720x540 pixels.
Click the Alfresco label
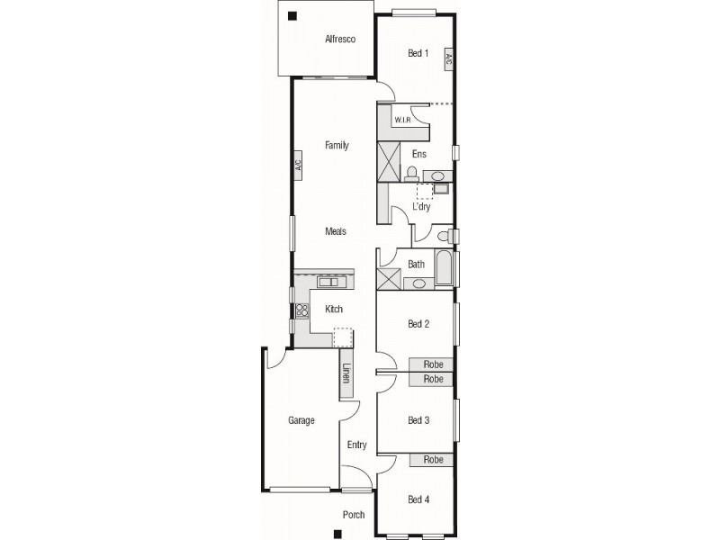click(340, 39)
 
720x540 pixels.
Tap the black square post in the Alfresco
click(292, 16)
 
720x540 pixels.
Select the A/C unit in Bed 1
click(448, 58)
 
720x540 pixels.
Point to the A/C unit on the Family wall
click(298, 164)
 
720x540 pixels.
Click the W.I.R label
click(402, 120)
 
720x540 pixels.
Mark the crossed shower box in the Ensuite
click(389, 162)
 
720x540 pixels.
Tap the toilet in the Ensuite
click(411, 174)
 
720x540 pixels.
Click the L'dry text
click(421, 206)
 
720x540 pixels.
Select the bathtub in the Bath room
click(444, 267)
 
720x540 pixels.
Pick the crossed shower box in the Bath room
click(389, 279)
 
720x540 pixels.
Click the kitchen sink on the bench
click(331, 282)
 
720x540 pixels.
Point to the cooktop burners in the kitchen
click(302, 310)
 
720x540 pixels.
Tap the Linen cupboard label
click(346, 373)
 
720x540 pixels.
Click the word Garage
click(301, 420)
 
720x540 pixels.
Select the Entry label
click(356, 445)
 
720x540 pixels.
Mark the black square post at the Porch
click(337, 534)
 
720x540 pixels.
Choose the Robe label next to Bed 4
click(433, 459)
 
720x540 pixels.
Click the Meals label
click(335, 231)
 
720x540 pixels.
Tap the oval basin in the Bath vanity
click(418, 283)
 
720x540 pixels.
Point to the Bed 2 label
click(418, 324)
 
